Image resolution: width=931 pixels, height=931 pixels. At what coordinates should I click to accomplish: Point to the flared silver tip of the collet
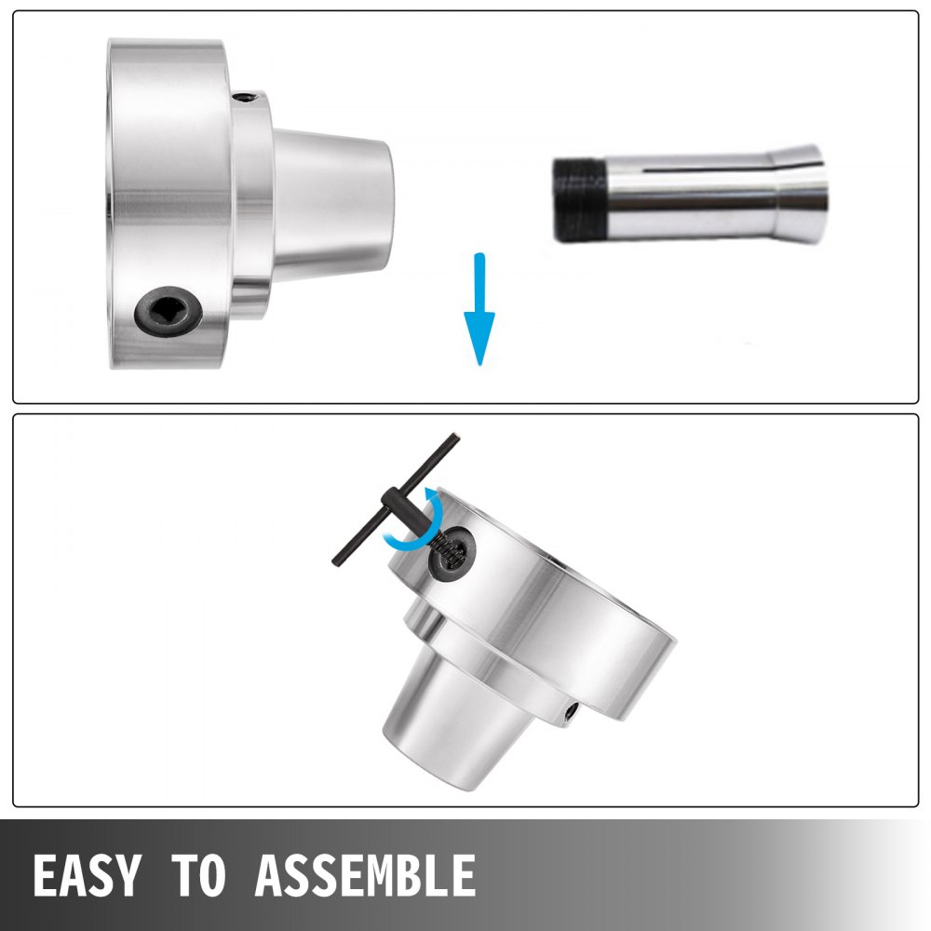click(x=801, y=194)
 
